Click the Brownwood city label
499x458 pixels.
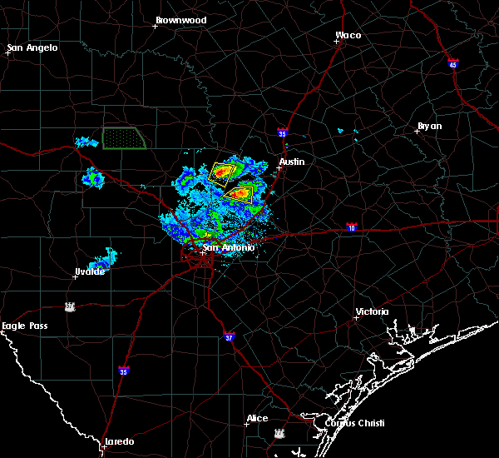pyautogui.click(x=180, y=19)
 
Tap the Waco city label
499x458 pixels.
pyautogui.click(x=348, y=35)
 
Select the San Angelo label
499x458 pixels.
pyautogui.click(x=32, y=47)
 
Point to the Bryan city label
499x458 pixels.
pyautogui.click(x=429, y=126)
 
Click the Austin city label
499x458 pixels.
pyautogui.click(x=292, y=162)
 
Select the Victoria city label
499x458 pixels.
pyautogui.click(x=372, y=311)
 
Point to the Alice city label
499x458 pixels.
pyautogui.click(x=258, y=418)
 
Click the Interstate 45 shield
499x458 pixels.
pyautogui.click(x=453, y=64)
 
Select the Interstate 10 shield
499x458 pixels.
pyautogui.click(x=352, y=227)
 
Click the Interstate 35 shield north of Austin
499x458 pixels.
pyautogui.click(x=282, y=132)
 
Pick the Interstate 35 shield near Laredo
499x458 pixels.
pyautogui.click(x=124, y=371)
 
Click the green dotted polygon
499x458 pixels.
pyautogui.click(x=124, y=138)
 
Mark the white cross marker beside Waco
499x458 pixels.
pyautogui.click(x=338, y=43)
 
